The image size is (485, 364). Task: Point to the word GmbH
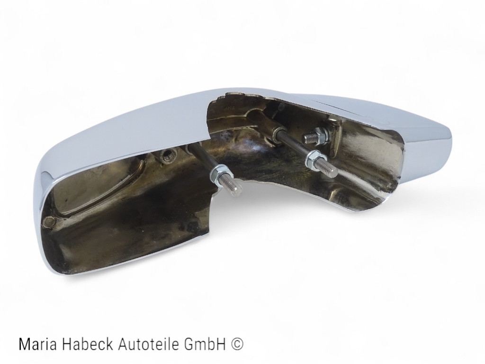200,345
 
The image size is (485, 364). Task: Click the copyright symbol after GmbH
237,345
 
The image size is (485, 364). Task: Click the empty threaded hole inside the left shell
168,155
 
